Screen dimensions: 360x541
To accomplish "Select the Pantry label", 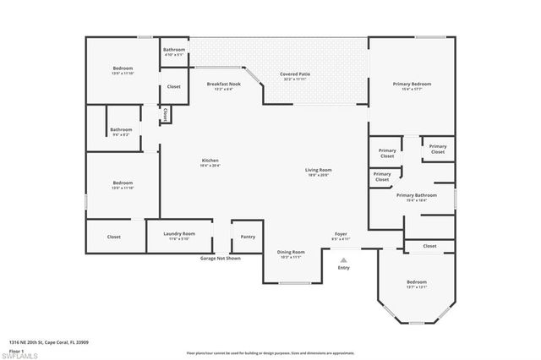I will (248, 237).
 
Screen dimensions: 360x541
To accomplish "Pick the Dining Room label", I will (291, 253).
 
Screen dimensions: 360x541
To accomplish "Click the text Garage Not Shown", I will (220, 258).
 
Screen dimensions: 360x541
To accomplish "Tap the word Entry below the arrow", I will (343, 268).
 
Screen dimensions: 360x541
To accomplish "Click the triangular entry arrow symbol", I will (343, 259).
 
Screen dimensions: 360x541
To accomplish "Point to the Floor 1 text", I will (18, 349).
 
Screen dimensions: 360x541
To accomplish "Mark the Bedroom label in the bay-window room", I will (417, 282).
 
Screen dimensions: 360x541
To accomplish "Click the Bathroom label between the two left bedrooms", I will (121, 130).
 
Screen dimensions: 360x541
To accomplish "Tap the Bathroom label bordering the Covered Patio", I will (174, 51).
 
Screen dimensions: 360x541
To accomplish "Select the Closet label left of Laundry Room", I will (114, 237).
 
